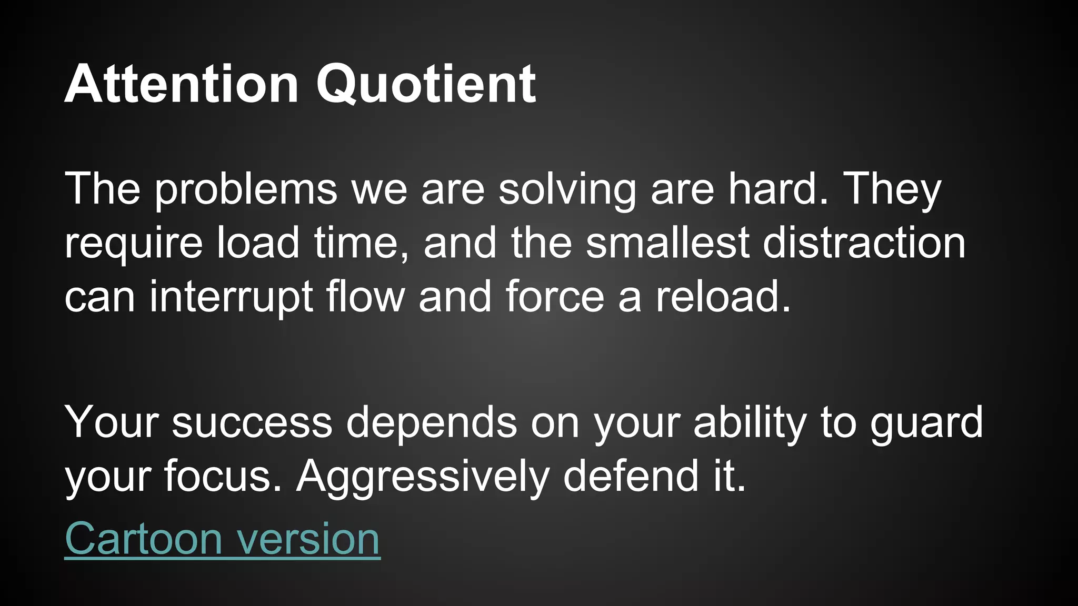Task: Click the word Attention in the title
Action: point(182,84)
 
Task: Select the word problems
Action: point(245,189)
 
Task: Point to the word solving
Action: point(567,189)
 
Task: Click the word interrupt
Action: point(231,297)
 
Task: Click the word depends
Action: point(432,423)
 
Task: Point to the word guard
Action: point(926,423)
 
